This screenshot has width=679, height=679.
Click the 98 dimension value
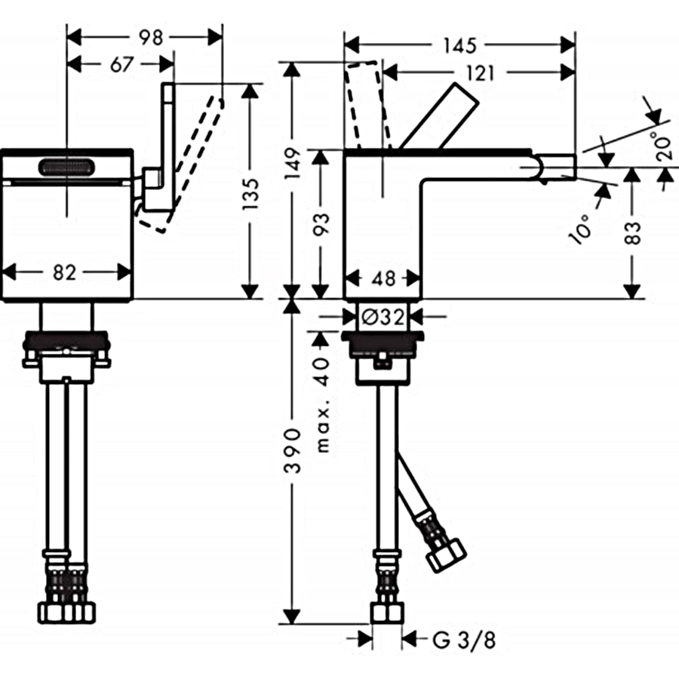151,38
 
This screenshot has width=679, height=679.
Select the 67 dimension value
121,65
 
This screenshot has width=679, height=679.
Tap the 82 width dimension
65,273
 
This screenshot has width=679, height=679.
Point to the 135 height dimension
250,194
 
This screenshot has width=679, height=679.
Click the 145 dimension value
460,45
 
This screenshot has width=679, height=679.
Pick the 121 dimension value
481,73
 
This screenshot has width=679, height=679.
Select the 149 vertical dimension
293,164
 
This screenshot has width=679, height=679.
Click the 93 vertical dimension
321,223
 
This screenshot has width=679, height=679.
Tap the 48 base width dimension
384,278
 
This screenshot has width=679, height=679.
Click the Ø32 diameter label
383,318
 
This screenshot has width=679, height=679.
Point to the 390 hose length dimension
293,450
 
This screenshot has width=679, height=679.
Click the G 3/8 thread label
464,640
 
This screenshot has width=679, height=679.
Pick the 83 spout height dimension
633,233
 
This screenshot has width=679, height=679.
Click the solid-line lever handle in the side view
438,116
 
